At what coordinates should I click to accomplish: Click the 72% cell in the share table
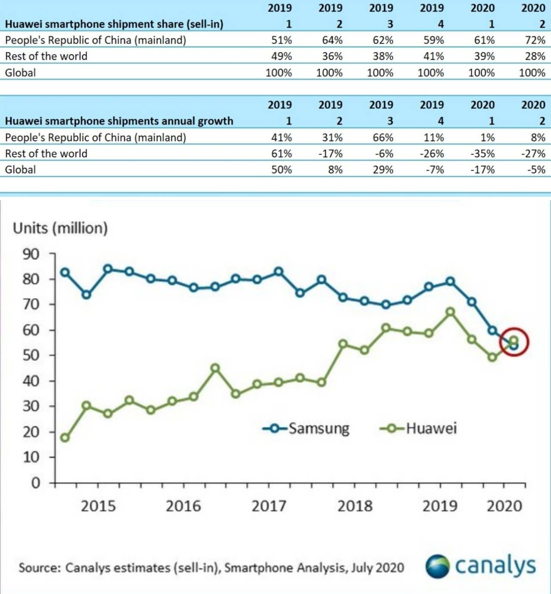pos(535,40)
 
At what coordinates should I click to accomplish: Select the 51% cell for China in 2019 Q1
pos(282,40)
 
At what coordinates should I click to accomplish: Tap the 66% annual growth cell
pos(383,137)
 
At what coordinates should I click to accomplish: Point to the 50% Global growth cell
pos(282,170)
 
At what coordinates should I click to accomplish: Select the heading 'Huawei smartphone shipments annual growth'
pos(119,121)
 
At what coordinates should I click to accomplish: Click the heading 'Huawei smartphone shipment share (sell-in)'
pos(114,24)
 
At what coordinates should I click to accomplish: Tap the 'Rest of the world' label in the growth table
pos(46,153)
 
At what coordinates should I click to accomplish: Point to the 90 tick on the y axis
pos(31,254)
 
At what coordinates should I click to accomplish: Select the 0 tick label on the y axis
pos(36,483)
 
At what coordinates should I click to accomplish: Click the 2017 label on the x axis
pos(269,506)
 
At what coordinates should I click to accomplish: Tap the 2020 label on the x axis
pos(504,506)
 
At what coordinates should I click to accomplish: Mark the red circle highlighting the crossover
pos(514,342)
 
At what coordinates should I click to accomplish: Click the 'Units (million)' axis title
pos(60,228)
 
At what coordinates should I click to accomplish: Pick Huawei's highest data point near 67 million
pos(450,312)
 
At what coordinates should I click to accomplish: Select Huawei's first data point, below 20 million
pos(65,438)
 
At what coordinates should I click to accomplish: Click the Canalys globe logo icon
pos(438,566)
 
